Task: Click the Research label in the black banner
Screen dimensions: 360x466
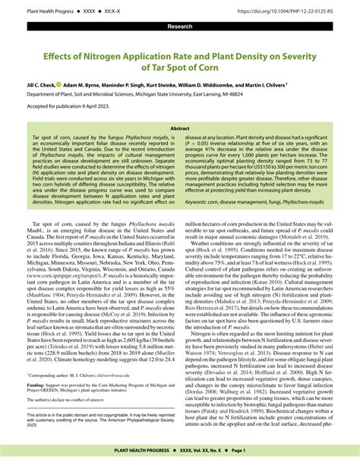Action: coord(179,27)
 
